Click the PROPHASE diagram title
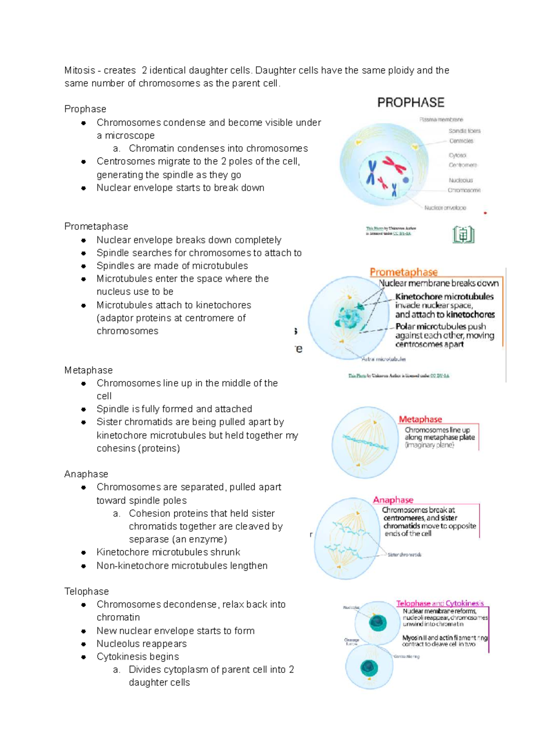click(410, 103)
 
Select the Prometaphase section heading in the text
click(96, 227)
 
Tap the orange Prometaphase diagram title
click(404, 272)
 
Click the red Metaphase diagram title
click(420, 419)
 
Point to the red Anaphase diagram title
click(393, 500)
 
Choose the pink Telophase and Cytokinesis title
click(440, 604)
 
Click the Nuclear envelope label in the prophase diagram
click(445, 208)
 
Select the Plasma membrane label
click(441, 120)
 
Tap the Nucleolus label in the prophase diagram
click(461, 180)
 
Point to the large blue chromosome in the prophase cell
click(371, 173)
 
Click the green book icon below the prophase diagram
click(463, 235)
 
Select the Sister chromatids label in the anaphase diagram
click(404, 555)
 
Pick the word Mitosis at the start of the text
click(80, 70)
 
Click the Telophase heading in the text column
click(86, 592)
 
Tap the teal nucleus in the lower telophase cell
click(369, 668)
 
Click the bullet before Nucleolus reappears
click(84, 644)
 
